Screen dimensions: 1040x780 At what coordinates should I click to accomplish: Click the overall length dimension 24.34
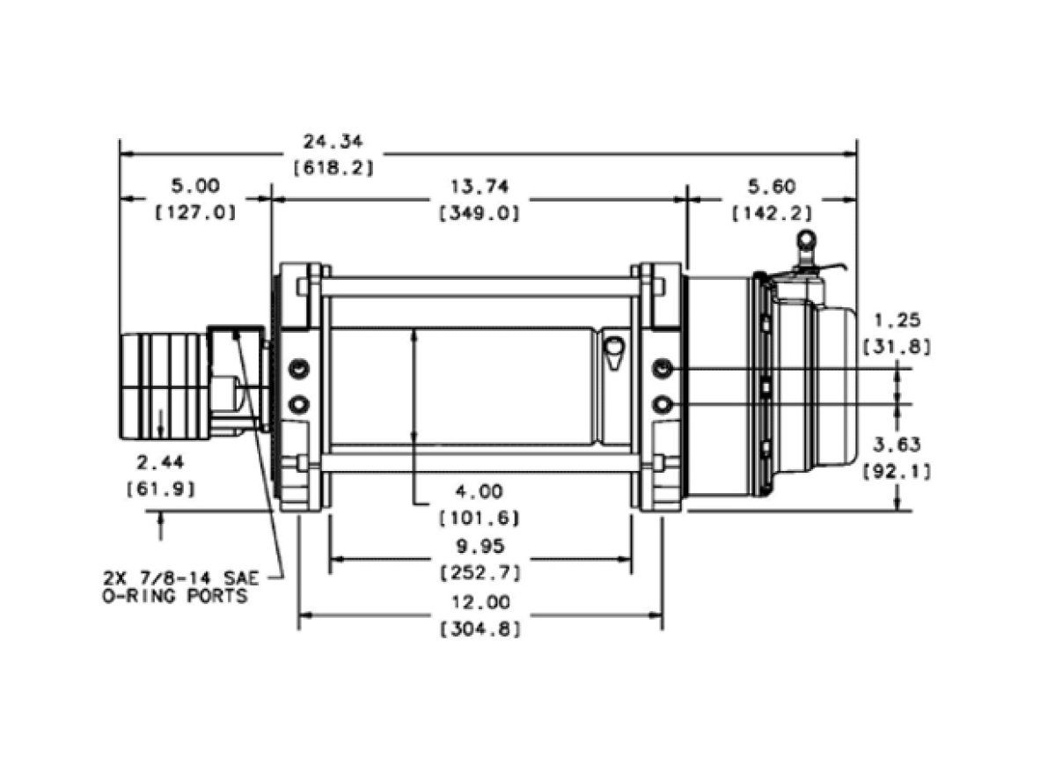pyautogui.click(x=333, y=142)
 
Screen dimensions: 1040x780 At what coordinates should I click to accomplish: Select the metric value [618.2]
pyautogui.click(x=333, y=168)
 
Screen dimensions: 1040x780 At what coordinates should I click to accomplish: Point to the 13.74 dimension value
pyautogui.click(x=480, y=188)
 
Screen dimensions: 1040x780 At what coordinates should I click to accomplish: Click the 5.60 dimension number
pyautogui.click(x=772, y=188)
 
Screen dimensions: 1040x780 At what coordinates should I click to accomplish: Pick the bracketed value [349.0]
pyautogui.click(x=480, y=214)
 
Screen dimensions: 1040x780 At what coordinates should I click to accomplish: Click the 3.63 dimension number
pyautogui.click(x=897, y=445)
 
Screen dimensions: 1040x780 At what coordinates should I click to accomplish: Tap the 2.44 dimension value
pyautogui.click(x=160, y=463)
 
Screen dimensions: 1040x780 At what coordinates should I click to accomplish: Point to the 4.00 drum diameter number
pyautogui.click(x=479, y=492)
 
